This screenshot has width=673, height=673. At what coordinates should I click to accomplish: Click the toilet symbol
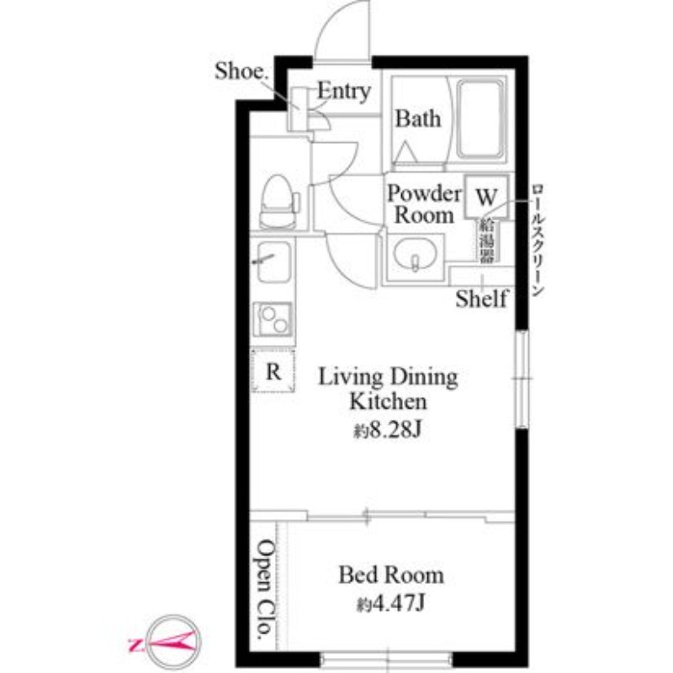279,202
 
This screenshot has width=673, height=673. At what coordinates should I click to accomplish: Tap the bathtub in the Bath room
480,119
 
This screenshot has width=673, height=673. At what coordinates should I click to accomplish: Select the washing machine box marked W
486,197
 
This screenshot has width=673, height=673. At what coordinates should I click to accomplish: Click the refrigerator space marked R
273,370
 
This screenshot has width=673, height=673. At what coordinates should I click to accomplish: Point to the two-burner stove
273,319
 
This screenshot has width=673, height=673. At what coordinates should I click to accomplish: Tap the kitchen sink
273,262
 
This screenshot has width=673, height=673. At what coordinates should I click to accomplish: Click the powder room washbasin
415,257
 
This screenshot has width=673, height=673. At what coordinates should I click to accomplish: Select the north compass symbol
172,641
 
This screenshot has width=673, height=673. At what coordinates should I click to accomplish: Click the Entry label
344,92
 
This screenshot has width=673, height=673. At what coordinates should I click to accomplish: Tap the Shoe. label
241,71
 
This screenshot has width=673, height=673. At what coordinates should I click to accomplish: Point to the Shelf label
481,299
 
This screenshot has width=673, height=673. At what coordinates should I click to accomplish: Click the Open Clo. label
265,589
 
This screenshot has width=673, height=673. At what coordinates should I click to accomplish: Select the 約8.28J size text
388,429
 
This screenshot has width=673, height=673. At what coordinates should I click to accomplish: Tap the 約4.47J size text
390,604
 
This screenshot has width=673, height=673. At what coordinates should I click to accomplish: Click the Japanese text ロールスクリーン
538,241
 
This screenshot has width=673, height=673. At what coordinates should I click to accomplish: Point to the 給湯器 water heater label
487,241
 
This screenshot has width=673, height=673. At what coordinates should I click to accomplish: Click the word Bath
418,119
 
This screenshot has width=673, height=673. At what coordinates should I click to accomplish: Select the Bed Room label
391,575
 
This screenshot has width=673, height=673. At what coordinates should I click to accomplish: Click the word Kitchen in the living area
388,402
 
